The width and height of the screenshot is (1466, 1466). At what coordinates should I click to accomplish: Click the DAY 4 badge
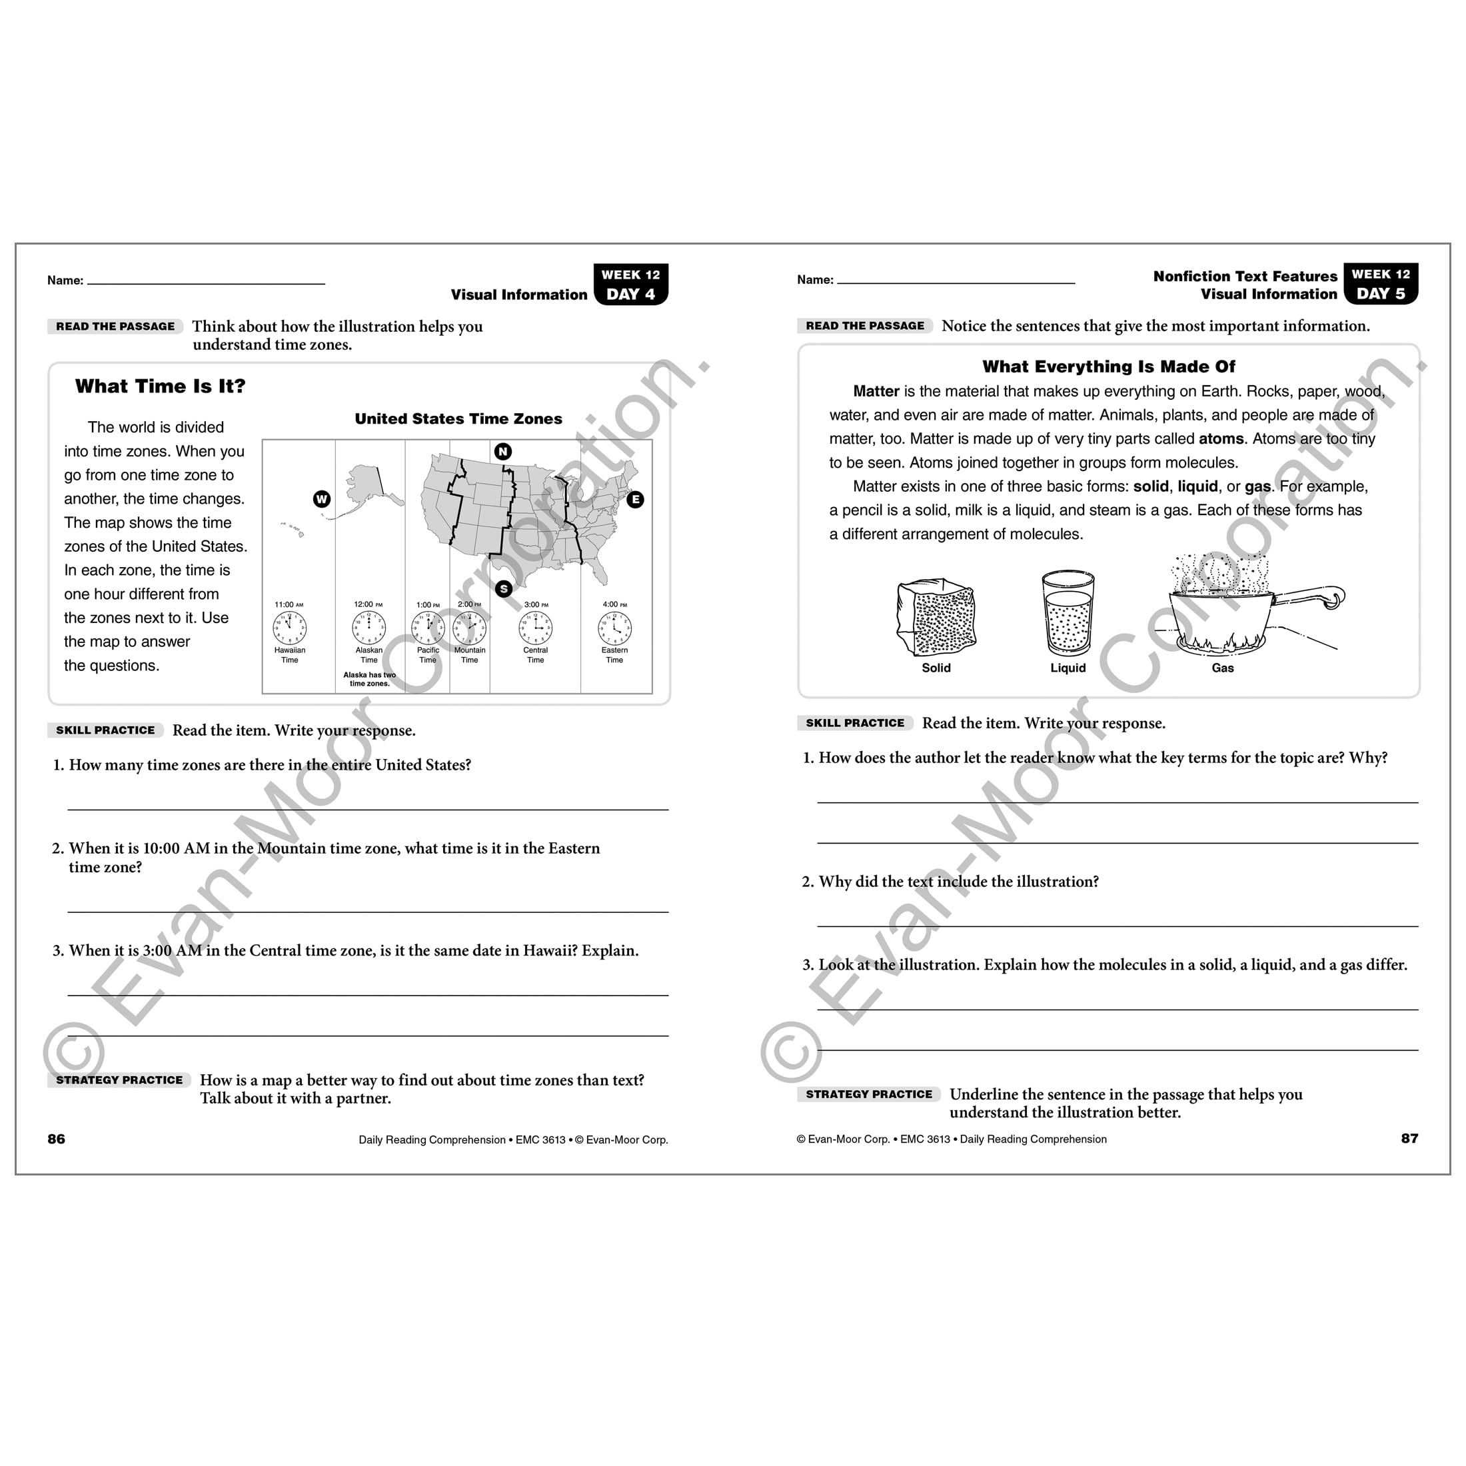coord(630,294)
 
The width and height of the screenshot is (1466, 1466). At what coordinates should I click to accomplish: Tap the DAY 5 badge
coord(1380,293)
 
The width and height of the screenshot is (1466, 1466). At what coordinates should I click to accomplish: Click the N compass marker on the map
coord(502,452)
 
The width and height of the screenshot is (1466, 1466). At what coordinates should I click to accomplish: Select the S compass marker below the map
coord(503,589)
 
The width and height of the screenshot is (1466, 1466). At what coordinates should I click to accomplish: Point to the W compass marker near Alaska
coord(322,498)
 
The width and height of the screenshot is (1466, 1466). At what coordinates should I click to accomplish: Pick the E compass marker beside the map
coord(635,499)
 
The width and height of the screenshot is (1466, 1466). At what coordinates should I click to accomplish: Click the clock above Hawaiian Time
coord(289,628)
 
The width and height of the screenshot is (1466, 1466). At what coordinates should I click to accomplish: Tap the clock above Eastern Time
coord(614,628)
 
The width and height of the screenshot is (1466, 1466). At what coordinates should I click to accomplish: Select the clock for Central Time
coord(535,628)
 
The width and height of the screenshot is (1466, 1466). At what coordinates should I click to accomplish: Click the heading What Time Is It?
coord(160,386)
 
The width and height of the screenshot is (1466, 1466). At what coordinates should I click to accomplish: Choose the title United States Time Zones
coord(458,419)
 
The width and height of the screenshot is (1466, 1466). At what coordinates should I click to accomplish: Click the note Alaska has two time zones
coord(370,679)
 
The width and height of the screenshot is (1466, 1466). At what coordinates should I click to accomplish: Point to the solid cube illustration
coord(936,618)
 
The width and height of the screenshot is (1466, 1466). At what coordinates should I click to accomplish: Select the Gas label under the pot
coord(1222,668)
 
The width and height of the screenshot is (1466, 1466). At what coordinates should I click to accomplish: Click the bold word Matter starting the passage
coord(876,392)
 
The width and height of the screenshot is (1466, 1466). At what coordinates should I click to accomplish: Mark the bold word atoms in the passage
coord(1220,438)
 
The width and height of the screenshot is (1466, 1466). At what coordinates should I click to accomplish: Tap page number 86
coord(56,1139)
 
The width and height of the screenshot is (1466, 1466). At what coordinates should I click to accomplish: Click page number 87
coord(1409,1138)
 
